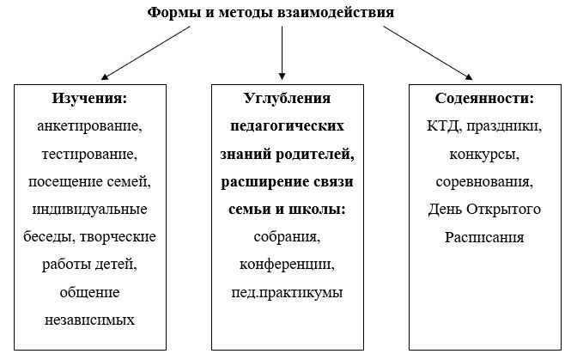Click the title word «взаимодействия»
336,13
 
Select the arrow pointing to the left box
146,52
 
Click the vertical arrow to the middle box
282,52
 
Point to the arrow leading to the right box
428,52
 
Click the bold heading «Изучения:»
89,99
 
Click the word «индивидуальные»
89,210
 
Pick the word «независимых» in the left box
89,320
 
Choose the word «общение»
89,292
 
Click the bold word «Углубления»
288,99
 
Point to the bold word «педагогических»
288,126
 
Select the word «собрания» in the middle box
285,237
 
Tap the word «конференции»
285,265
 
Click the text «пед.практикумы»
287,293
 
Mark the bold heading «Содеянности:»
484,99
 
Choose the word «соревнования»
483,181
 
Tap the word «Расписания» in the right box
484,237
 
